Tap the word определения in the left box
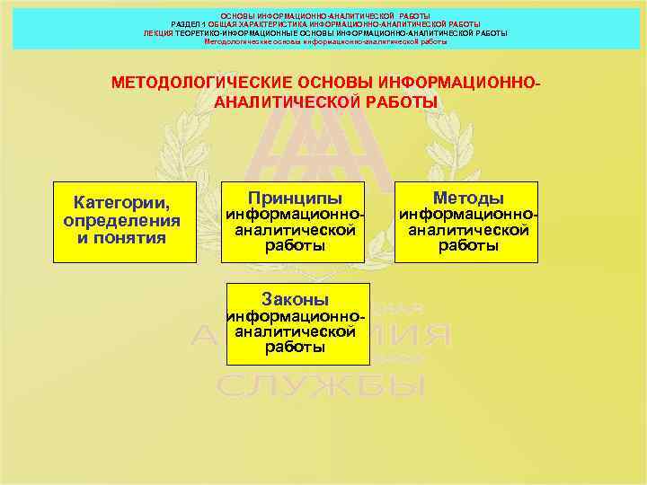click(x=122, y=220)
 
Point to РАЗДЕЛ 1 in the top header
click(x=188, y=24)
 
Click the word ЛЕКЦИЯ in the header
click(x=158, y=32)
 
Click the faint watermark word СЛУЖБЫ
click(x=321, y=387)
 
